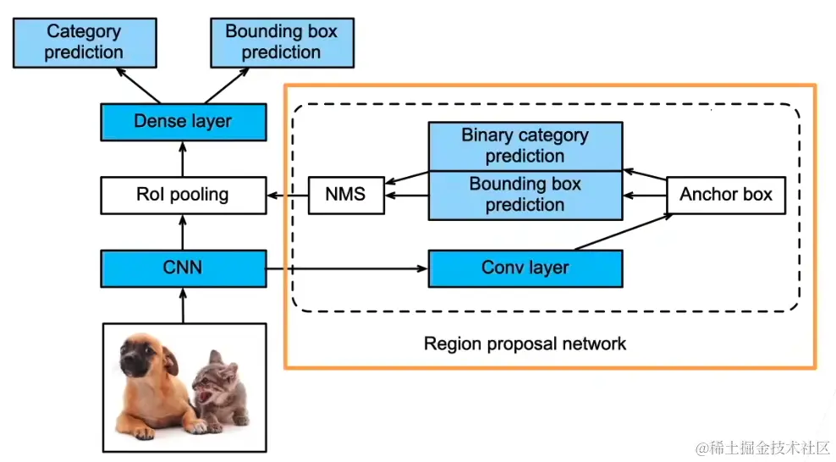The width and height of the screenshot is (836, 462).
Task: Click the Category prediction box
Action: pos(83,42)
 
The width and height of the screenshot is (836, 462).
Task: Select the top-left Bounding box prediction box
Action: pos(281,42)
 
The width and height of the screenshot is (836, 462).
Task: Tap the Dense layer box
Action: pos(183,121)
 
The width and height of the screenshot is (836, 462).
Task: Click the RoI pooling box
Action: pos(183,195)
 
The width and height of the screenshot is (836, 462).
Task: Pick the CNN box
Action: pos(183,268)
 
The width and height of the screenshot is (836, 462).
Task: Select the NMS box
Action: pos(345,195)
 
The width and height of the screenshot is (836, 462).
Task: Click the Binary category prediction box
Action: pos(525,146)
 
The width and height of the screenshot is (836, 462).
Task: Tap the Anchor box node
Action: pos(726,195)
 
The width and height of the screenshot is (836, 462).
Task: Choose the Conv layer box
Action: pos(525,268)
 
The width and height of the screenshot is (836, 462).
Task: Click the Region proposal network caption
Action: pos(525,344)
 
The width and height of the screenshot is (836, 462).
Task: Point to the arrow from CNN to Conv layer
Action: pos(347,269)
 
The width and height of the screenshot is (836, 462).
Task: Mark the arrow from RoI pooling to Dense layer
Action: pos(183,159)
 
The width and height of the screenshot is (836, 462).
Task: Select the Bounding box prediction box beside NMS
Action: pos(525,195)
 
